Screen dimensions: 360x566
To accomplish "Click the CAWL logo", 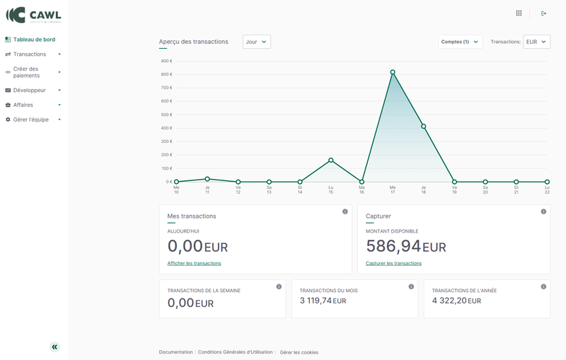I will pos(33,15).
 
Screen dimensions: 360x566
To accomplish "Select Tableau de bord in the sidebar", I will pos(33,40).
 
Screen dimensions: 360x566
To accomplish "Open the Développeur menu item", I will pos(29,91).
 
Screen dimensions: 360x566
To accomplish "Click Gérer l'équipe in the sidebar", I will pos(30,120).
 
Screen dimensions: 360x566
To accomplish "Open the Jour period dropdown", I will pos(257,42).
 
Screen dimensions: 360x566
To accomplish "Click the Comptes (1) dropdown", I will pos(461,42).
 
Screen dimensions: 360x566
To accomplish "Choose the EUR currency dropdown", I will pos(536,42).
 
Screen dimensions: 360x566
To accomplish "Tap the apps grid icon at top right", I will pos(519,13).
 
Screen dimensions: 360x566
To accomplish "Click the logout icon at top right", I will pos(543,13).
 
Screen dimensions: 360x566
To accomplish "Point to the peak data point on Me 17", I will pos(393,72).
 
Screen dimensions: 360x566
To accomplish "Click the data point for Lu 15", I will pos(330,161).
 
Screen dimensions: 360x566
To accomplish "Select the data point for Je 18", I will pos(424,127).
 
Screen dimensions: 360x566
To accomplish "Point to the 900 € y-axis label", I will pos(166,61).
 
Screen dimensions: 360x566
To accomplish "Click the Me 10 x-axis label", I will pos(176,190).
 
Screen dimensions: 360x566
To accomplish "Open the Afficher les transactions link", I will pos(194,263).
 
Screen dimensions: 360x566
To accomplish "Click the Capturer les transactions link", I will pos(393,263).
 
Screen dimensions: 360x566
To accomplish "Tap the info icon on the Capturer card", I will pos(543,211).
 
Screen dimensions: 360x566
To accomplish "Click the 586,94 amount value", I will pos(393,246).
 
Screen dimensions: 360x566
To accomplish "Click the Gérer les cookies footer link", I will pos(299,352).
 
